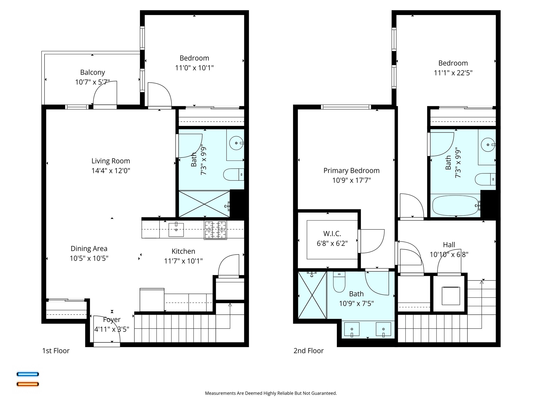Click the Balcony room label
point(92,72)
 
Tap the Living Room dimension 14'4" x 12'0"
point(111,171)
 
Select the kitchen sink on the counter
point(176,229)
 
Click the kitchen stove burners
point(215,230)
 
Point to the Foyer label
point(112,320)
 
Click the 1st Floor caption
point(56,351)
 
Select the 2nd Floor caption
point(308,351)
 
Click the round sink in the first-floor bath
point(236,143)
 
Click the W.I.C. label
point(332,234)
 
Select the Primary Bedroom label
point(351,171)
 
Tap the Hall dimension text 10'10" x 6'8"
point(449,255)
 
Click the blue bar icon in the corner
point(28,374)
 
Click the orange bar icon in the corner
point(28,384)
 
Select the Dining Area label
point(89,249)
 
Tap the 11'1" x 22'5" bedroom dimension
point(453,73)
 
